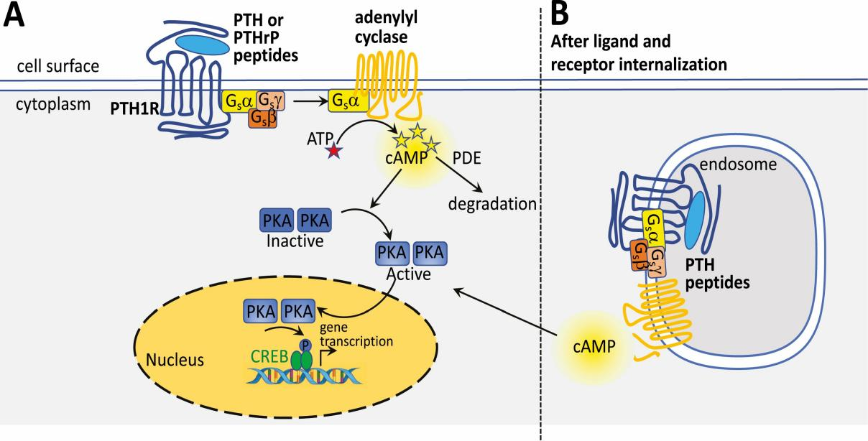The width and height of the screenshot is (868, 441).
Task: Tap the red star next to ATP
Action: tap(333, 152)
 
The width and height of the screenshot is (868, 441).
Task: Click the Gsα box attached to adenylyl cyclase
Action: tap(348, 102)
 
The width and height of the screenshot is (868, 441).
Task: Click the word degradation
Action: tap(493, 203)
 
